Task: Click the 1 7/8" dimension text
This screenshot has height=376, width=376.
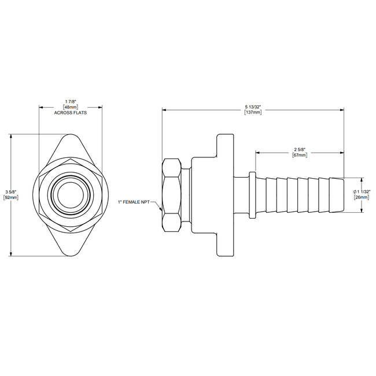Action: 70,101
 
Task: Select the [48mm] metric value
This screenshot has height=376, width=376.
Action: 70,107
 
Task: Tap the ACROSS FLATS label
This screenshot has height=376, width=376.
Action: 70,113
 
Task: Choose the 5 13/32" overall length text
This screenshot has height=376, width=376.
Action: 253,105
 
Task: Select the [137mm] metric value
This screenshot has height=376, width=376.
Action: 253,112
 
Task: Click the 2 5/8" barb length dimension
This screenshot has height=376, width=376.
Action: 299,150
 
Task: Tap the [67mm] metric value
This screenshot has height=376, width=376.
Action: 299,156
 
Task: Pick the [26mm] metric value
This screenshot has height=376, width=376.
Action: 362,198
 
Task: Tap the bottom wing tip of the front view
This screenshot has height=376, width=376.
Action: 70,253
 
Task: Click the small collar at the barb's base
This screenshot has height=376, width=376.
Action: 253,195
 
